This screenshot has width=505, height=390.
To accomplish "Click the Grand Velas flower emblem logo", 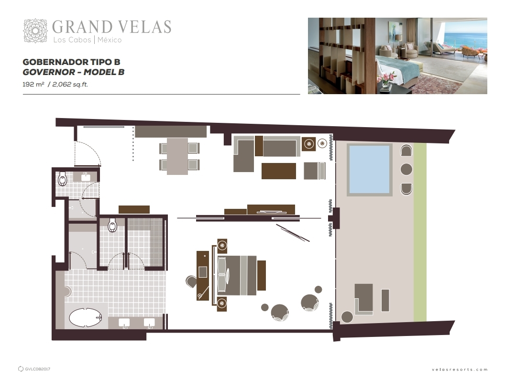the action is click(x=35, y=31).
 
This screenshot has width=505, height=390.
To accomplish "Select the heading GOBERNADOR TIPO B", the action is click(x=71, y=62).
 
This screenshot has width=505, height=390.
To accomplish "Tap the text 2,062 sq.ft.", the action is click(x=70, y=84).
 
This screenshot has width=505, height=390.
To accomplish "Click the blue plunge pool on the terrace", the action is click(x=369, y=170).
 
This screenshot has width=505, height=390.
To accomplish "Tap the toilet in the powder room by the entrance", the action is click(x=62, y=179).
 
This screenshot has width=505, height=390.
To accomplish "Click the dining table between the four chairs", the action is click(x=177, y=156).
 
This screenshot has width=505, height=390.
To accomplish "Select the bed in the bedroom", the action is click(x=237, y=275).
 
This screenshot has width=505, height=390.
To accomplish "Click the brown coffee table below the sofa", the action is click(x=279, y=171).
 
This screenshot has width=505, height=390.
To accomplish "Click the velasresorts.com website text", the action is click(x=460, y=369).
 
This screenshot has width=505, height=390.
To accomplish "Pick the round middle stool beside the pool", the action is click(x=406, y=169).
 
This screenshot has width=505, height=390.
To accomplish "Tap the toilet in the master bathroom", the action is click(x=112, y=225).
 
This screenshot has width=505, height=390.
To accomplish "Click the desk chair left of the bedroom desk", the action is click(x=191, y=282).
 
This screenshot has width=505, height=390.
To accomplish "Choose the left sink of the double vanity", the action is click(x=124, y=323).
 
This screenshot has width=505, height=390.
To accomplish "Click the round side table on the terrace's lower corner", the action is click(x=347, y=317).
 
